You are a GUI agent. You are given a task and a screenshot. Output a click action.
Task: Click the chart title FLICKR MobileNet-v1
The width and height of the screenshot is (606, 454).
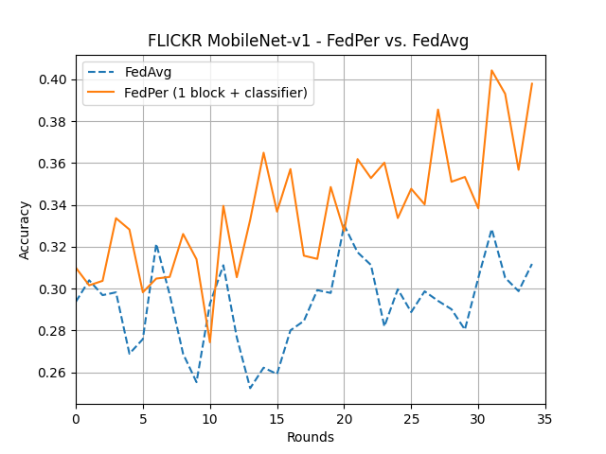[x=308, y=41]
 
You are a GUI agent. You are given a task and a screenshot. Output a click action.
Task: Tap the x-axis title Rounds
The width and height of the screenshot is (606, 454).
[x=311, y=437]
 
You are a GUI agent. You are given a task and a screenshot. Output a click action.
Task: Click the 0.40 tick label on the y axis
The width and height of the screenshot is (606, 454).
[x=54, y=79]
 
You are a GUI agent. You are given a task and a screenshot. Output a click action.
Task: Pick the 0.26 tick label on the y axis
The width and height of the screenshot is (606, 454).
[x=54, y=373]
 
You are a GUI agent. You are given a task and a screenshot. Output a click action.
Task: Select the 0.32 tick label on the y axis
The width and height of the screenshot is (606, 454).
[x=54, y=247]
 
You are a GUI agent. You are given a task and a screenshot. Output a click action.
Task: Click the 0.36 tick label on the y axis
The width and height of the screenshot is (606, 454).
[x=54, y=164]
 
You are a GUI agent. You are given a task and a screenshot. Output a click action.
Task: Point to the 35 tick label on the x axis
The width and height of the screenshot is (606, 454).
[x=545, y=416]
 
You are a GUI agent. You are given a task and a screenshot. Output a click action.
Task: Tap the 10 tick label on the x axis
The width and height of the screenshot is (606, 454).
[x=210, y=416]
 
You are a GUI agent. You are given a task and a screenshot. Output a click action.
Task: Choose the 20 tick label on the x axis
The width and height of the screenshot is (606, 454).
[x=344, y=416]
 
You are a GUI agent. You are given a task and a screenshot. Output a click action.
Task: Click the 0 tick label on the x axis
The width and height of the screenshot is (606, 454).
[x=77, y=416]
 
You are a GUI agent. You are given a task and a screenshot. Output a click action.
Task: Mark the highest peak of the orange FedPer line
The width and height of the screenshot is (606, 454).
[x=491, y=70]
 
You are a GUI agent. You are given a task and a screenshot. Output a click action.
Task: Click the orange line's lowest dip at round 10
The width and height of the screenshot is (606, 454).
[x=210, y=341]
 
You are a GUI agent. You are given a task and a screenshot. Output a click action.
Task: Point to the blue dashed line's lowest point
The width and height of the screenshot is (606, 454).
[x=250, y=388]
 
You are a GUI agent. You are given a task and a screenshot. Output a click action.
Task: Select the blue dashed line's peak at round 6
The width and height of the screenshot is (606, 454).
[x=156, y=245]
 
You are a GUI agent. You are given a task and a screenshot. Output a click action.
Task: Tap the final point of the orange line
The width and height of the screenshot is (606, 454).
[x=532, y=83]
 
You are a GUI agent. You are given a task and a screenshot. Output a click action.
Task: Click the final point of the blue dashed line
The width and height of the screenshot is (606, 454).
[x=532, y=264]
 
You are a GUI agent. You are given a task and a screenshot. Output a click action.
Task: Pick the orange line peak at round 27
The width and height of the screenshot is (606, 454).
[x=437, y=110]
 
